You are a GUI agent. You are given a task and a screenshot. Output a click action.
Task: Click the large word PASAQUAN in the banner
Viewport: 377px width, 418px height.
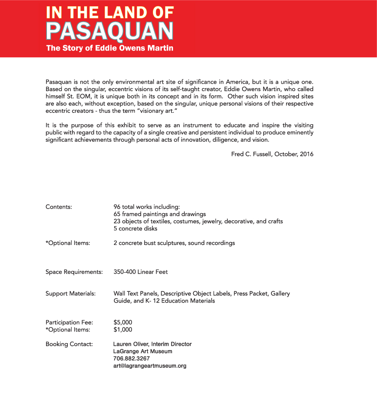coord(109,31)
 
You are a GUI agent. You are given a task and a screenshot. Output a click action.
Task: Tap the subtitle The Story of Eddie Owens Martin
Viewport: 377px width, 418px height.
coord(109,48)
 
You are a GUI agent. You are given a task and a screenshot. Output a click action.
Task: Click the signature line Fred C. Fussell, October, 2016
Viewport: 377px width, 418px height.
coord(272,154)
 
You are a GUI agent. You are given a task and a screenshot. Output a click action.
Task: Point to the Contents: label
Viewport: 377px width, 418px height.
coord(59,207)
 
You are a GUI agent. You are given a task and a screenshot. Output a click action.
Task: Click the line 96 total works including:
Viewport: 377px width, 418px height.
coord(146,207)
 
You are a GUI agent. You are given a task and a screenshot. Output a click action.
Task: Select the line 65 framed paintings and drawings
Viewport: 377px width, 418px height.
coord(160,214)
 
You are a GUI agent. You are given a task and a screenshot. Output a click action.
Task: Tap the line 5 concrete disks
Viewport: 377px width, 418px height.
coord(135,229)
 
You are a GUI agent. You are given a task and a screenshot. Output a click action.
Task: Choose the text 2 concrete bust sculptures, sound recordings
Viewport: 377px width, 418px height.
coord(174,243)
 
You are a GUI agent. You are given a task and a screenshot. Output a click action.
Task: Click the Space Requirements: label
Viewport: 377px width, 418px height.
coord(74,272)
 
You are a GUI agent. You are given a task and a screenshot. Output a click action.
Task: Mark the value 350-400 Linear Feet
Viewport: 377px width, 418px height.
coord(140,272)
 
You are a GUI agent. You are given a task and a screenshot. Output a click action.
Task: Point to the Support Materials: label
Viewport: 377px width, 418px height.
coord(70,293)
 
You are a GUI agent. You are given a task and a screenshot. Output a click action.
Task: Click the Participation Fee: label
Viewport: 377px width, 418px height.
coord(69,322)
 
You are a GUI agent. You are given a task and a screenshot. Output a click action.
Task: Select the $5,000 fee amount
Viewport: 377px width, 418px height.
coord(123,322)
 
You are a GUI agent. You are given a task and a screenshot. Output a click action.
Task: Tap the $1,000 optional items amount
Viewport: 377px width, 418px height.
coord(123,329)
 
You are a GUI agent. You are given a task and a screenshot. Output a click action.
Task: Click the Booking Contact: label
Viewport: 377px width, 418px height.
coord(69,344)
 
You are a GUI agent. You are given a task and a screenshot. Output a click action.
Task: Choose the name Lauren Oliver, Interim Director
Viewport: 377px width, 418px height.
coord(152,344)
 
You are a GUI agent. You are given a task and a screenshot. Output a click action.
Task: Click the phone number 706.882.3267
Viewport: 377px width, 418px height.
coord(131,359)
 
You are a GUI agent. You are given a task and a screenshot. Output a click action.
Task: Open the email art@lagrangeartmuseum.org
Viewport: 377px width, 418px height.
coord(150,366)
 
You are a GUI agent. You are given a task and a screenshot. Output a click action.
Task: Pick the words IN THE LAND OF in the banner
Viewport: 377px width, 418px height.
coord(109,13)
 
